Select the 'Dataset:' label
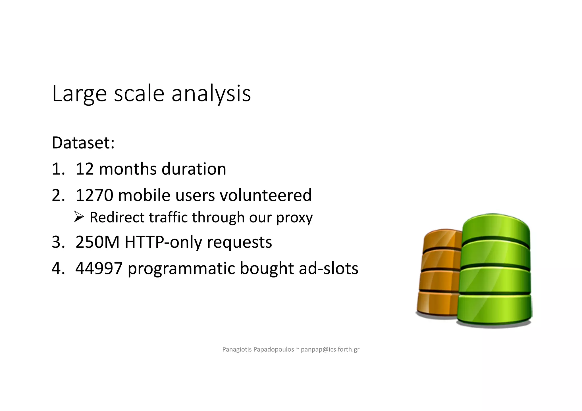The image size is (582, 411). [83, 143]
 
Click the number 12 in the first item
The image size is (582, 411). [84, 169]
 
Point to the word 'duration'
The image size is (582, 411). [194, 169]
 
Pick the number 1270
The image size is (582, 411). [94, 195]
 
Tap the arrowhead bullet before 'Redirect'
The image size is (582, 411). [79, 217]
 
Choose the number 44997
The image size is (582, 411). [99, 268]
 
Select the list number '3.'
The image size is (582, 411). [58, 242]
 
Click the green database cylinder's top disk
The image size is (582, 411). [496, 227]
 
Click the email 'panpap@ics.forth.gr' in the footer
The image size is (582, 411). [330, 349]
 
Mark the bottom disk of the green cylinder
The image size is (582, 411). [494, 310]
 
